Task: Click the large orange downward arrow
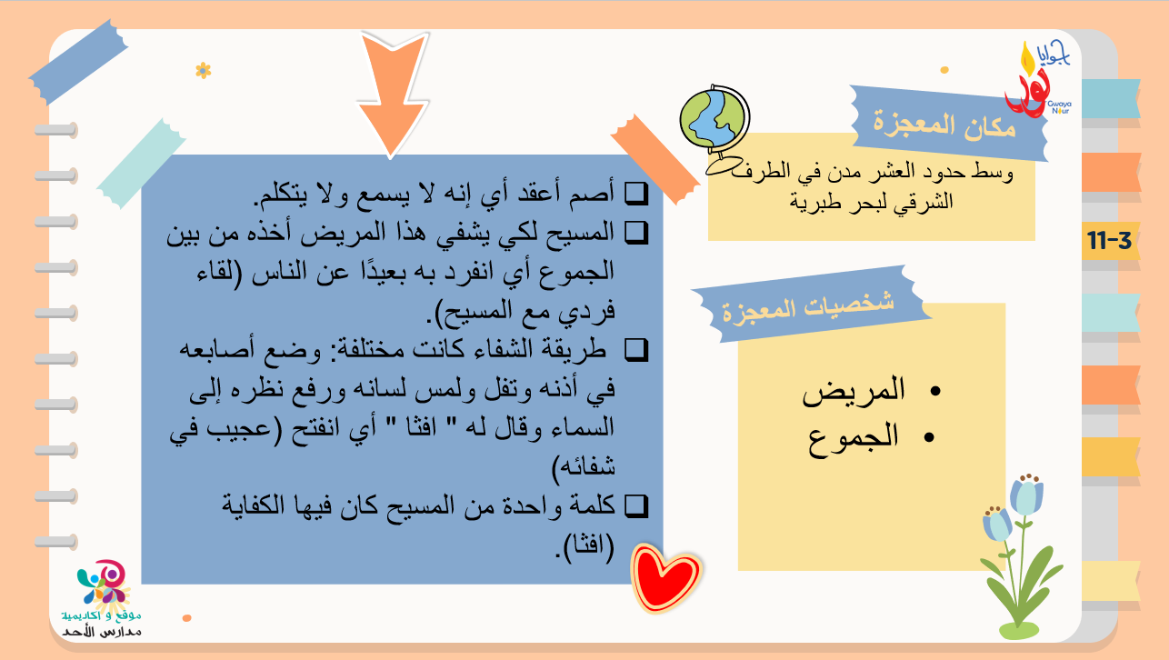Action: coord(393,94)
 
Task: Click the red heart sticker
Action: coord(665,577)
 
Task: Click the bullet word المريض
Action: coord(854,391)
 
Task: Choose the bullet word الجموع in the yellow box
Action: coord(854,438)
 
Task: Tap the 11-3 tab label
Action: coord(1110,241)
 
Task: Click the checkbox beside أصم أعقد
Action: coord(636,193)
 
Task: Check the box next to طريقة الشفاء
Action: coord(636,350)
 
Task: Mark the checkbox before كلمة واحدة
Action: coord(636,506)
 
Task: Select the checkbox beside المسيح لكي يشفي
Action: coord(636,233)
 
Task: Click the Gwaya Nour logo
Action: coord(1037,78)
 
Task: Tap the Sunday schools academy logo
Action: coord(103,598)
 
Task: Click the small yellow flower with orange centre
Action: coord(203,70)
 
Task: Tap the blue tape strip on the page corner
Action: coord(78,62)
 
